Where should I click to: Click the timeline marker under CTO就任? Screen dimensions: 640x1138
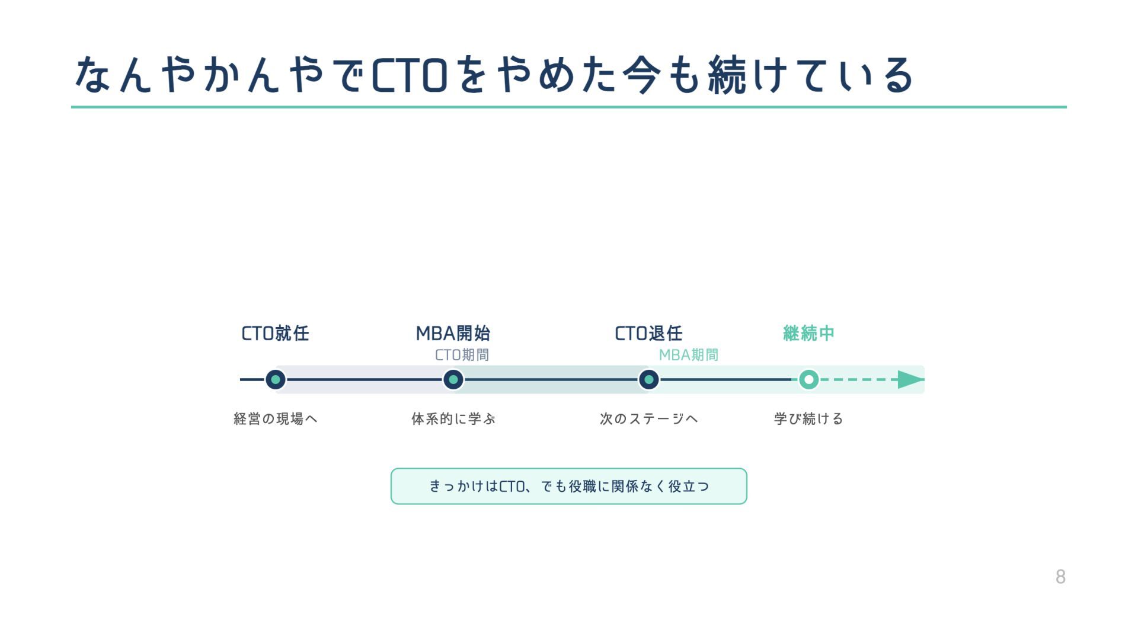275,379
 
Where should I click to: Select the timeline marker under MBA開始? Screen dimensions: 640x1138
453,379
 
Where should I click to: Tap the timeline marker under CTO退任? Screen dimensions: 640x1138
648,379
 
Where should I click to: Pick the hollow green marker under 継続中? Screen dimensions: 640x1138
808,379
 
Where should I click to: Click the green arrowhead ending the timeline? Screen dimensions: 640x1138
910,379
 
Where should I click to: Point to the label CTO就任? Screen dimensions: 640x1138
275,334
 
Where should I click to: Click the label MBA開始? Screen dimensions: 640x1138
453,334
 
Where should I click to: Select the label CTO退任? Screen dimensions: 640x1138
648,334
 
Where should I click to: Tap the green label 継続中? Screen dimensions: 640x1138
808,334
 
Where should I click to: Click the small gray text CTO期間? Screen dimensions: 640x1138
462,355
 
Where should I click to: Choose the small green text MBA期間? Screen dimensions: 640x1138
688,355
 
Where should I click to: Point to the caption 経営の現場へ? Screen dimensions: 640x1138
276,419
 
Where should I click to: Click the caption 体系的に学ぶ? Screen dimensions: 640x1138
453,419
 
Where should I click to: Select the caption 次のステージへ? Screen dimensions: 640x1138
648,419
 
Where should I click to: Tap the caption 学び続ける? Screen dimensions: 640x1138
808,419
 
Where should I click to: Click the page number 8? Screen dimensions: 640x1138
1060,577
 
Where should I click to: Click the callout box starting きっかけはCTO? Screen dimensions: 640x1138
568,487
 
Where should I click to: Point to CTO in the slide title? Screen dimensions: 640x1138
409,76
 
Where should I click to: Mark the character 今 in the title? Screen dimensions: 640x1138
641,76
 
